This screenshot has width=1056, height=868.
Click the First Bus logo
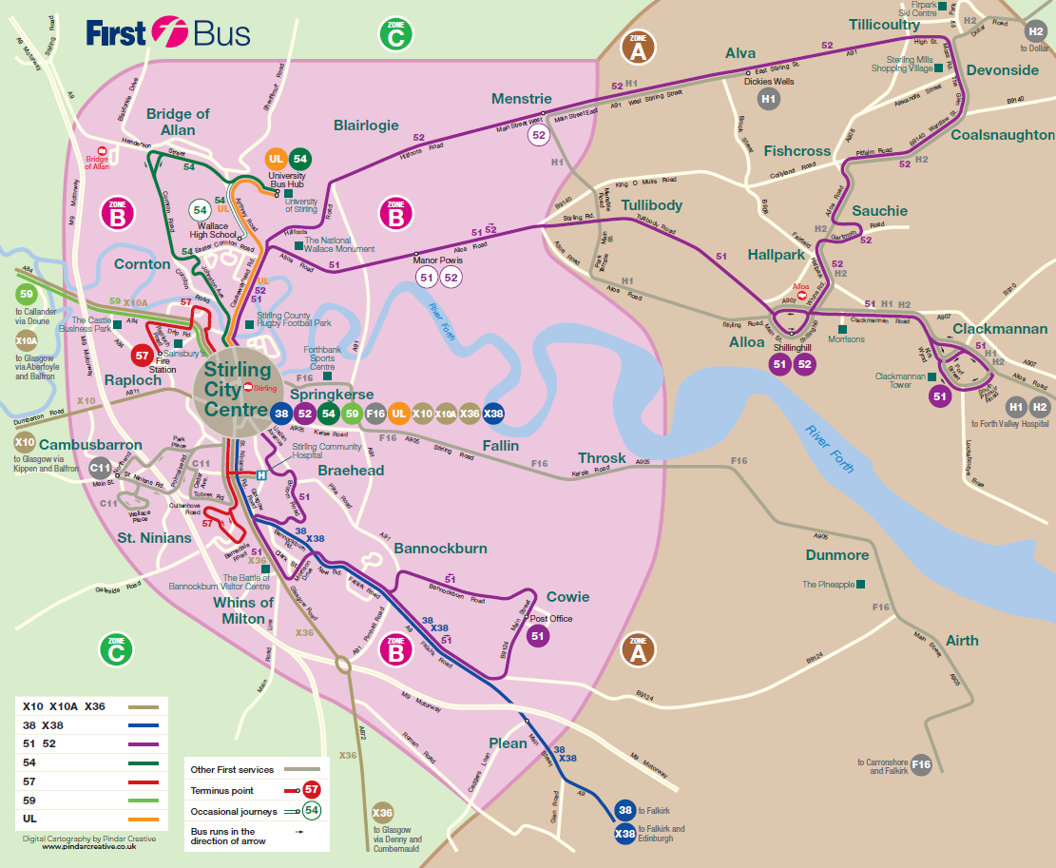168,33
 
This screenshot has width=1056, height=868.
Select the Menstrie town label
521,98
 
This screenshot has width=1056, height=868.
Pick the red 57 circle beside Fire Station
142,357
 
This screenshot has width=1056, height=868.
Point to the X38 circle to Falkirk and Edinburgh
624,834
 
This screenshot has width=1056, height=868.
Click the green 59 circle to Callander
27,295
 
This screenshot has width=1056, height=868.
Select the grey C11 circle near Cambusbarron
100,467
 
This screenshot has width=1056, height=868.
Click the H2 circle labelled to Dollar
1036,31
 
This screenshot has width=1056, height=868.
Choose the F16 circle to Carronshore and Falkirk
920,764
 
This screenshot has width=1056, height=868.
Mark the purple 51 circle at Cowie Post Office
538,636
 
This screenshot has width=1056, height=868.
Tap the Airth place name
962,641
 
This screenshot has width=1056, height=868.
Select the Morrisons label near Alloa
847,339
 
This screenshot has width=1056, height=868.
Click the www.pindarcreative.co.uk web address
89,846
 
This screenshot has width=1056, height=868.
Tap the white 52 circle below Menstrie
539,135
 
